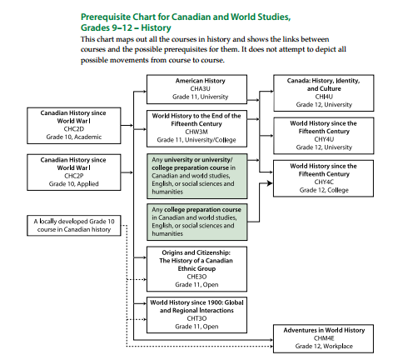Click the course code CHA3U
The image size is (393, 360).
pos(200,89)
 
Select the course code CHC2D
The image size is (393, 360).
pos(74,129)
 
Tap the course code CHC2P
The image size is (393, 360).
pos(74,176)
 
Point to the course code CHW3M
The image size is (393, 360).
pos(196,132)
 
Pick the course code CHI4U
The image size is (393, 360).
pos(324,97)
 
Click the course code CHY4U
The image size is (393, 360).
pos(324,139)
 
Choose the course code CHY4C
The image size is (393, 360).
pos(324,182)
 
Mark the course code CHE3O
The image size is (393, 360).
pos(196,277)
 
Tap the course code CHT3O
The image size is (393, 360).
pos(196,318)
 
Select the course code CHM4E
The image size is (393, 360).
pos(324,338)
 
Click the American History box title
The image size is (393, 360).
pos(200,81)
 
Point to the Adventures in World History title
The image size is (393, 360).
pos(324,330)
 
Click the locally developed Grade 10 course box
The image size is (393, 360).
pos(74,226)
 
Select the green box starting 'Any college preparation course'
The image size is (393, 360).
pos(196,222)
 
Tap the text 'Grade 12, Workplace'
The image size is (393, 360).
pos(324,346)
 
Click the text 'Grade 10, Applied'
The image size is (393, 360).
pos(74,184)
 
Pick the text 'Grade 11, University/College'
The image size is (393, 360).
pos(196,140)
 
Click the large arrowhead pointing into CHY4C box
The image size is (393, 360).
pos(270,183)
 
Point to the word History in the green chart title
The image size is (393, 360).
pos(156,27)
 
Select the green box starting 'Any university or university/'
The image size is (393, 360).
pos(196,176)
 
